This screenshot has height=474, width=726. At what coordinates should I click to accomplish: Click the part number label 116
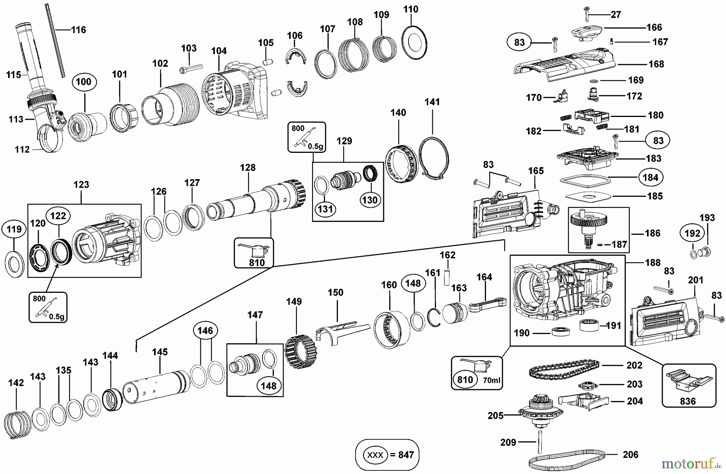[79, 30]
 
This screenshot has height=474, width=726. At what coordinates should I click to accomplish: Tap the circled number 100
[83, 82]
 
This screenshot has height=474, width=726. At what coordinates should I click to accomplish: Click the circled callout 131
[325, 209]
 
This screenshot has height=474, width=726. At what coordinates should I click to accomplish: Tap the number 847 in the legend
[406, 455]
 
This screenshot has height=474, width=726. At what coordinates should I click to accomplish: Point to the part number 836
[688, 401]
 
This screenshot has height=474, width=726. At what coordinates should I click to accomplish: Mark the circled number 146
[205, 331]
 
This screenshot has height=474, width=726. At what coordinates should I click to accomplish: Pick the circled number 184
[651, 177]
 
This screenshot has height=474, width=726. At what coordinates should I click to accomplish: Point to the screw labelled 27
[587, 14]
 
